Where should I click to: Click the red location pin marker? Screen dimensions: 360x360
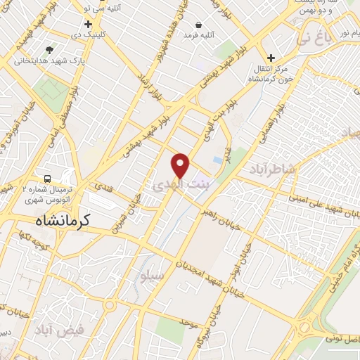tap(181, 165)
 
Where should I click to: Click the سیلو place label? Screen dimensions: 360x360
tap(152, 275)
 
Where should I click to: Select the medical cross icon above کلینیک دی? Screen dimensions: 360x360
tap(88, 24)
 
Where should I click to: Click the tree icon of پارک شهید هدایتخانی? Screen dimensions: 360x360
tap(49, 50)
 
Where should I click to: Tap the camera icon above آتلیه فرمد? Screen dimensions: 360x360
tap(199, 24)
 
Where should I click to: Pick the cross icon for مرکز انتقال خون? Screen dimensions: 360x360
tap(270, 58)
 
